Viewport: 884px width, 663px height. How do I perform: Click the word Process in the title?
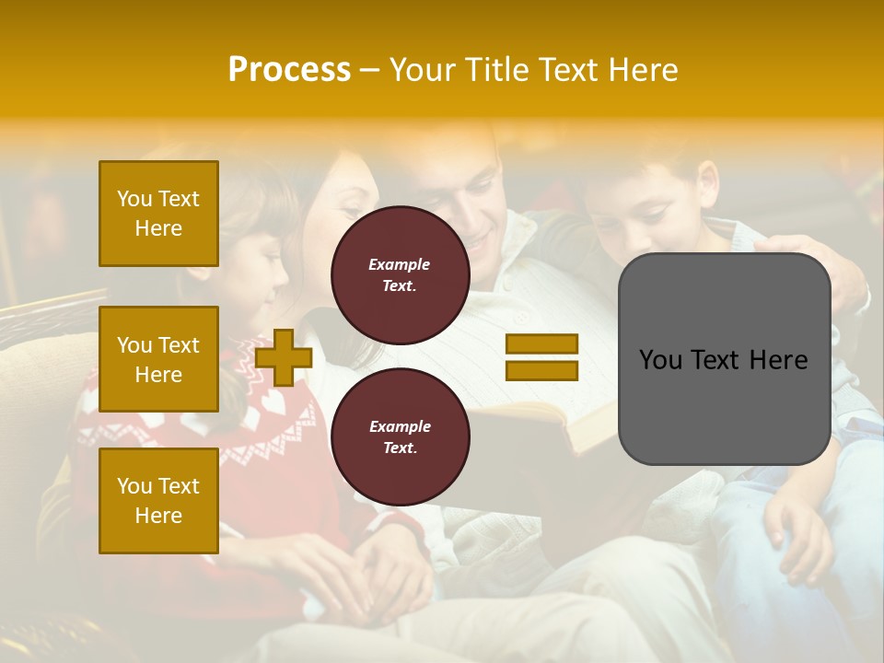click(289, 70)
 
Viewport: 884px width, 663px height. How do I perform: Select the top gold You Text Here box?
click(158, 214)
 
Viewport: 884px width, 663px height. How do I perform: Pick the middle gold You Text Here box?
click(158, 359)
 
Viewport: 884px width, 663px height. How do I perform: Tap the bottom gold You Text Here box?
click(158, 501)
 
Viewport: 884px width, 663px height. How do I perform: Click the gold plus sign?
click(284, 358)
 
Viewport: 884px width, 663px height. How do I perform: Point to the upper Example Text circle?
click(400, 275)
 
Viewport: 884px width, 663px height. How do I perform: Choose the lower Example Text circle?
click(400, 437)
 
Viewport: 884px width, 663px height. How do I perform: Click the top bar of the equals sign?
click(541, 344)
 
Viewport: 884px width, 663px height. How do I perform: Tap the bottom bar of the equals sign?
click(541, 371)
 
